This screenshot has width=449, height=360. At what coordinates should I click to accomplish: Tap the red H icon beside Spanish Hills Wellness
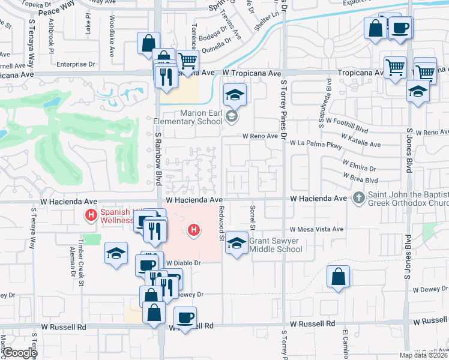91,215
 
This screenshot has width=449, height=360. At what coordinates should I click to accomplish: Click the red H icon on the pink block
193,229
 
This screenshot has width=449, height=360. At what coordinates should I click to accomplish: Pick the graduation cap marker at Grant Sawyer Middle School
237,243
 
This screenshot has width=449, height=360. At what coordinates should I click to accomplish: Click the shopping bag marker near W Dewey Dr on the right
339,277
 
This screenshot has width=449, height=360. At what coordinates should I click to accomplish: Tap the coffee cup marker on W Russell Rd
185,317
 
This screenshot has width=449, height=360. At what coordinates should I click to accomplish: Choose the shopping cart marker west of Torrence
187,60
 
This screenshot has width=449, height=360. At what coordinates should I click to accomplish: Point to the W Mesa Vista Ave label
316,229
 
